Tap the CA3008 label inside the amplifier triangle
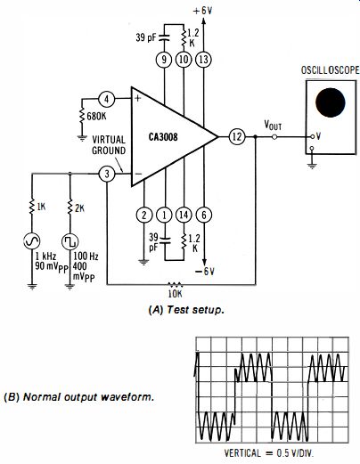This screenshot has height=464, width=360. coord(163,137)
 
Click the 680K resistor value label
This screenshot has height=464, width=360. coord(96,116)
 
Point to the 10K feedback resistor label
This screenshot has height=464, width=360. coord(175,294)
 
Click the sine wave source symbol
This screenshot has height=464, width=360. coord(32,241)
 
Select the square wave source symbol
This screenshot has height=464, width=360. coord(70,241)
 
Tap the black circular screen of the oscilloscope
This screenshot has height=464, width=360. coord(331,102)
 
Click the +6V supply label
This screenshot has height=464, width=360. coord(203,11)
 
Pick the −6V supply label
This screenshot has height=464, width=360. coord(205,272)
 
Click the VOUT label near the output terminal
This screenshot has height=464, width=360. coord(273,126)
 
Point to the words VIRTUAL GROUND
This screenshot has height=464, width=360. coord(109,145)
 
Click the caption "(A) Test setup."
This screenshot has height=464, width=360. coord(186,310)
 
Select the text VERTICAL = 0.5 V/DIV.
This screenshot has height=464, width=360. coord(269,453)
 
